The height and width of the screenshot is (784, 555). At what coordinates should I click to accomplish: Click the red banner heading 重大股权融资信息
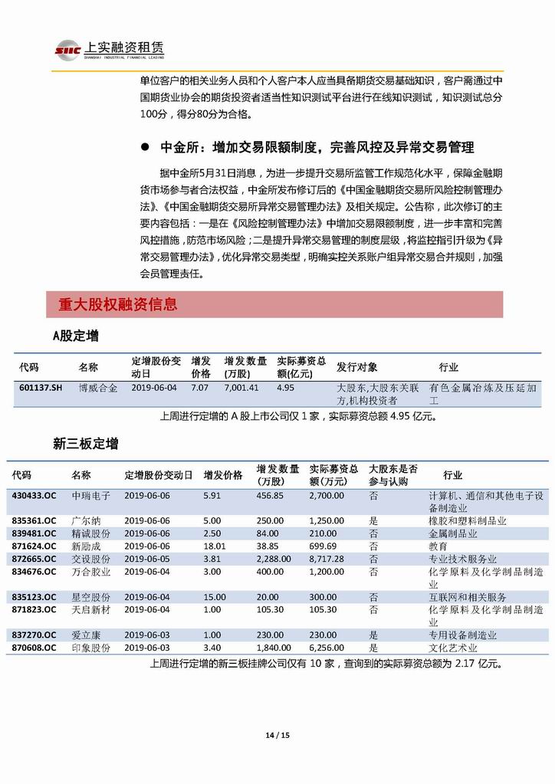pos(117,304)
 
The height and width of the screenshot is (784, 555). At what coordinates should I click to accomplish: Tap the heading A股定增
pos(74,336)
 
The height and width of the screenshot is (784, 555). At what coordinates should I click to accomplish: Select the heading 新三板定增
pos(85,444)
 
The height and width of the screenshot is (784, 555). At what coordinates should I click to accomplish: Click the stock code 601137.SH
pos(41,388)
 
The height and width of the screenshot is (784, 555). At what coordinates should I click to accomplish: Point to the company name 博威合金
pos(98,388)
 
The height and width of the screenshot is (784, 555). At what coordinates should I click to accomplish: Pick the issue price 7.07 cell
pos(199,388)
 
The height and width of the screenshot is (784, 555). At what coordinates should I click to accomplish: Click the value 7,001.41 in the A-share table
pos(241,388)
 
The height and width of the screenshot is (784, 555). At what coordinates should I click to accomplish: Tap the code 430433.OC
pos(34,496)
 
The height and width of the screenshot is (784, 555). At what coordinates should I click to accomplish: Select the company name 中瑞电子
pos(90,496)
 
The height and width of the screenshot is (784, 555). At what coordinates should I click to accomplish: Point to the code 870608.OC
pos(34,648)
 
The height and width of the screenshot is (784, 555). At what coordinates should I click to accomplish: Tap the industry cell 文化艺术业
pos(452,648)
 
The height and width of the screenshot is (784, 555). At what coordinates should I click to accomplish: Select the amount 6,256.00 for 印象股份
pos(327,648)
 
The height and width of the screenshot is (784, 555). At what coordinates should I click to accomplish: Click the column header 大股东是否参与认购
pos(393,474)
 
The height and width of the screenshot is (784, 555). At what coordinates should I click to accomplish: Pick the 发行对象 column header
pos(356,367)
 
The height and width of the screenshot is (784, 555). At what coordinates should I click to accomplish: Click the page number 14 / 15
pos(277,736)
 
